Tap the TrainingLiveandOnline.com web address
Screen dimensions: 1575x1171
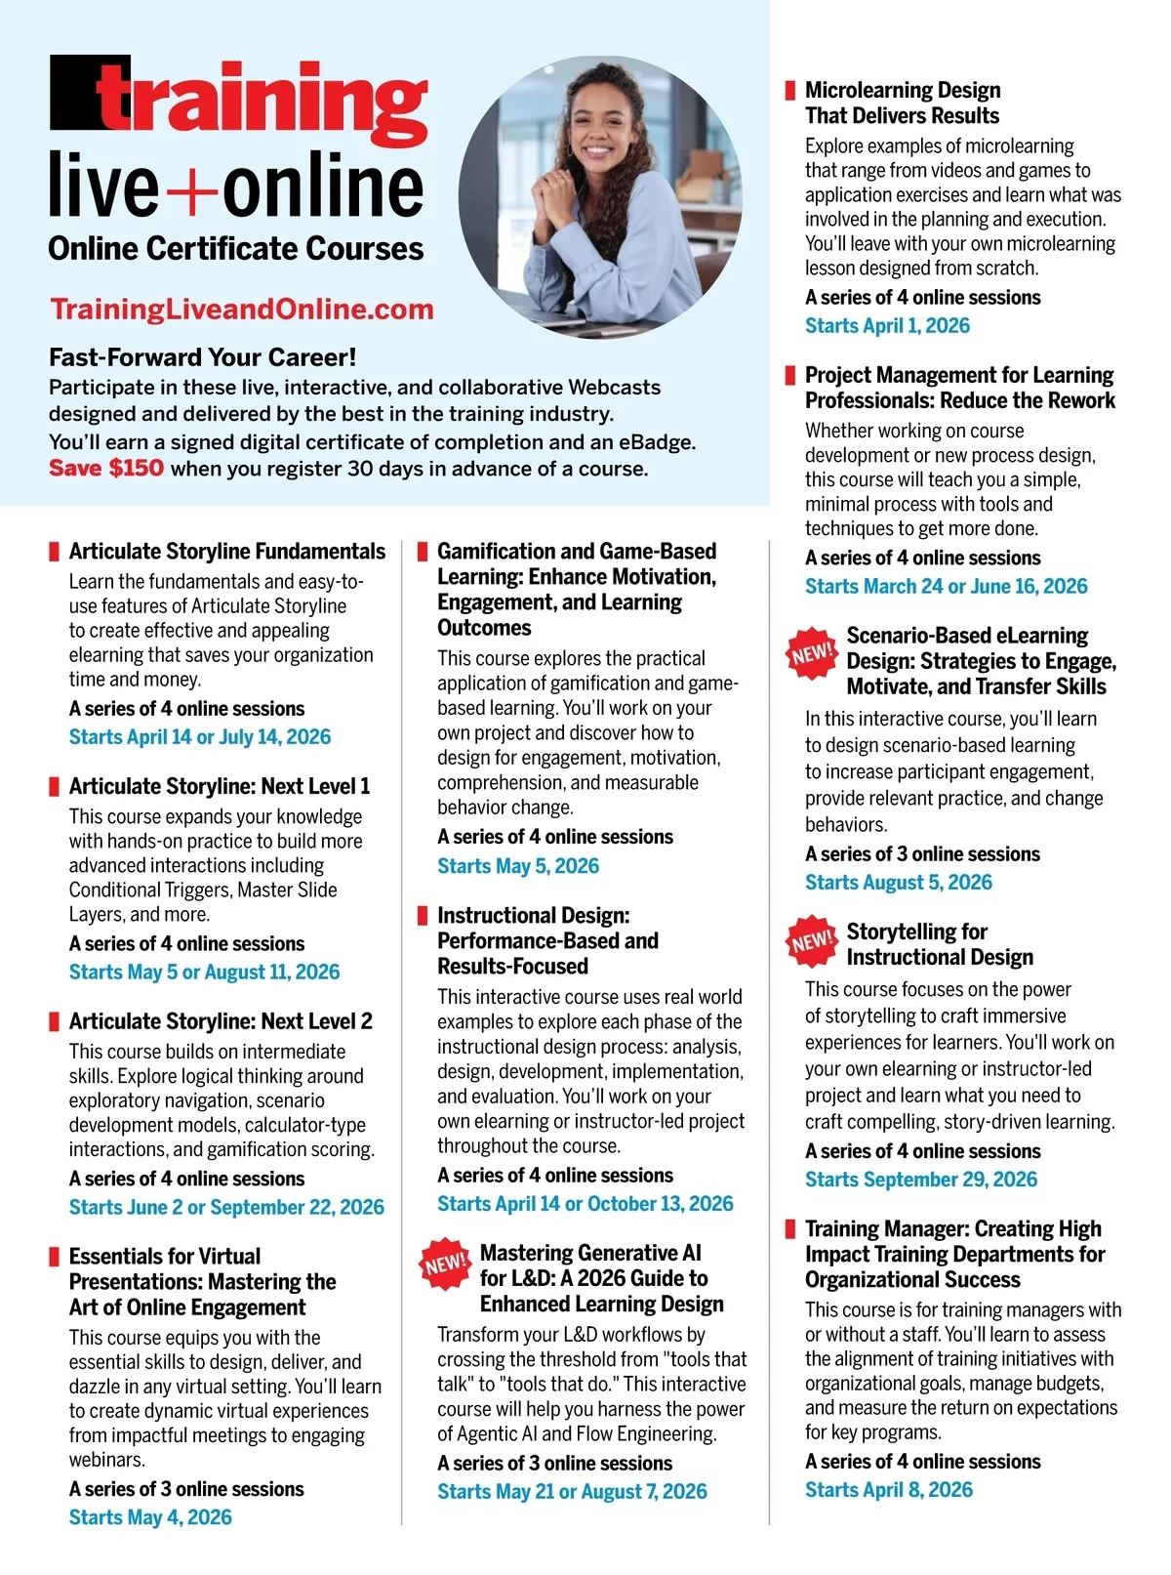(x=242, y=310)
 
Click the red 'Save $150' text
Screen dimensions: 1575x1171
(x=106, y=469)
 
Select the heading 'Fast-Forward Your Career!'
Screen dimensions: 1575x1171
(x=203, y=357)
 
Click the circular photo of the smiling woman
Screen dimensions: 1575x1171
(x=600, y=196)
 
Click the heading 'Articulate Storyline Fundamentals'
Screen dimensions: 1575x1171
(x=227, y=552)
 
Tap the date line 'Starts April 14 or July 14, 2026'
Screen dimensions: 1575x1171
(x=200, y=737)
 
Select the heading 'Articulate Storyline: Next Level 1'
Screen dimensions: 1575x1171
(x=220, y=787)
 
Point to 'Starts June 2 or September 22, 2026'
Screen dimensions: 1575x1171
(x=226, y=1208)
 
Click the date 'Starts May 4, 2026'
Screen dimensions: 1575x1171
(x=150, y=1517)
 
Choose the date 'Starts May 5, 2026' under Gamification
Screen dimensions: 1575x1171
(x=518, y=866)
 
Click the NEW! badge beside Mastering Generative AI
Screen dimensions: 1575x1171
(x=445, y=1264)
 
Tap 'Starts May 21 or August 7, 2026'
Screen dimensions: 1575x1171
(x=572, y=1492)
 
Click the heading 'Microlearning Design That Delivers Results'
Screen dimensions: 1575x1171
(x=903, y=104)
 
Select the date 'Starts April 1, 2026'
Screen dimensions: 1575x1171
(x=887, y=326)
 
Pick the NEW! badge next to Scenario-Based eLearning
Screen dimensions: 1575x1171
(x=812, y=653)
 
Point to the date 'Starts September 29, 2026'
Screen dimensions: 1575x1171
(x=921, y=1180)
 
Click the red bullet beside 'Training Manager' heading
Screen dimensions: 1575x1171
(x=790, y=1229)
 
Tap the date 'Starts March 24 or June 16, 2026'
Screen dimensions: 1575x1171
(x=946, y=587)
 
